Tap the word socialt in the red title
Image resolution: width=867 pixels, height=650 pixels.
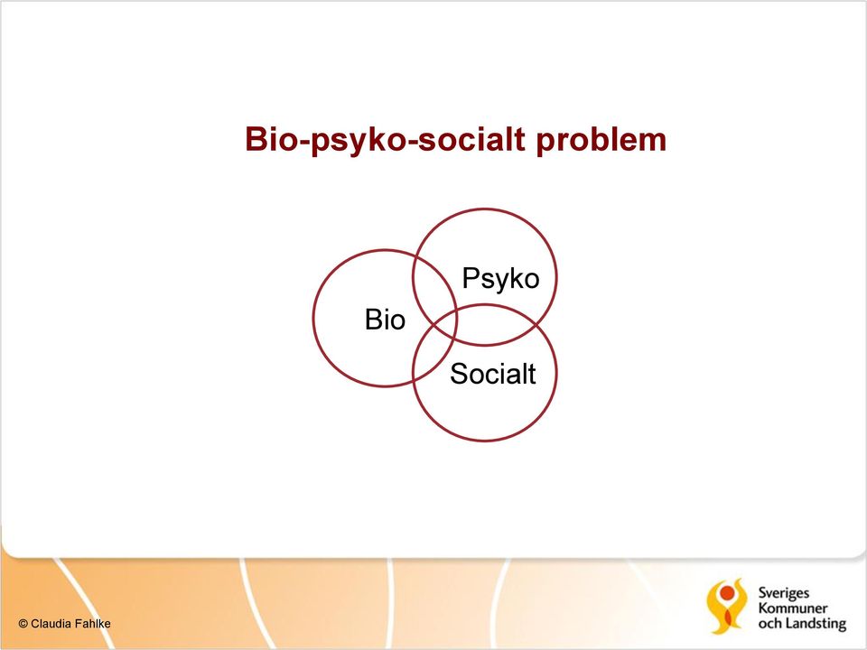pyautogui.click(x=471, y=138)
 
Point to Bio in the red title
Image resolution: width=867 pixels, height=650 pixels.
pyautogui.click(x=272, y=139)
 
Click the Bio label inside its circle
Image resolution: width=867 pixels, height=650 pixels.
pyautogui.click(x=385, y=320)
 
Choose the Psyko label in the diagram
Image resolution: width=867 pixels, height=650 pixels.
pyautogui.click(x=500, y=279)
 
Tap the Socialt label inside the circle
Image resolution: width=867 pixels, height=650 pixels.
pyautogui.click(x=493, y=374)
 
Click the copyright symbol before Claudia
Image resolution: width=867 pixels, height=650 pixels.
pyautogui.click(x=23, y=624)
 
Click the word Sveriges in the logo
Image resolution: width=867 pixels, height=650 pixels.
pyautogui.click(x=784, y=594)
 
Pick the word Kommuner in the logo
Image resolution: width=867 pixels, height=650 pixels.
pyautogui.click(x=793, y=608)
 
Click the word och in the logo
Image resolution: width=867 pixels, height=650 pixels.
pyautogui.click(x=769, y=624)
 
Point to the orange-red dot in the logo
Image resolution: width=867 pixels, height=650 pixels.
pyautogui.click(x=727, y=593)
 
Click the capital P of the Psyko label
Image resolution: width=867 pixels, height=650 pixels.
pyautogui.click(x=470, y=277)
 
